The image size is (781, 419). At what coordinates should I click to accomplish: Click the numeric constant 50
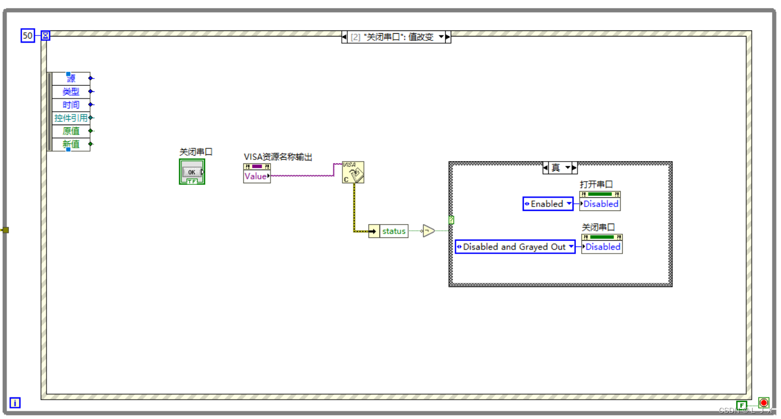click(28, 36)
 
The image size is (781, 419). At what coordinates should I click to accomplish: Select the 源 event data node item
click(71, 79)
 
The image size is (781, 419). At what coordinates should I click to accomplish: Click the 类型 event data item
click(71, 92)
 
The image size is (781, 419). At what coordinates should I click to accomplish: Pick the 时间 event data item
click(71, 105)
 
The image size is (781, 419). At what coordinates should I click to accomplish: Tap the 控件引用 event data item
click(71, 118)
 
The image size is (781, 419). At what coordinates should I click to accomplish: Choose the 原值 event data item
click(71, 131)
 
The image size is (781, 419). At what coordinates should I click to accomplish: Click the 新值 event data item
click(71, 144)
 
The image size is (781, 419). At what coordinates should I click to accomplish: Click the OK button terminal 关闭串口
click(192, 172)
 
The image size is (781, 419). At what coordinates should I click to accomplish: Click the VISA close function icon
click(353, 172)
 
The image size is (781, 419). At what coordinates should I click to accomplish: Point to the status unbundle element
click(393, 231)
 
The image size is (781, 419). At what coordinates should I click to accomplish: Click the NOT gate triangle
click(428, 231)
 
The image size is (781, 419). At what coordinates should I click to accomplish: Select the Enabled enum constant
click(548, 204)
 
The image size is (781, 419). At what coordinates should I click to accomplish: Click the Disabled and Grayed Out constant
click(515, 247)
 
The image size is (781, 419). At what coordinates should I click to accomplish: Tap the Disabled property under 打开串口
click(600, 204)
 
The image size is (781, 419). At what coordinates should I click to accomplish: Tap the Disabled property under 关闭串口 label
click(602, 247)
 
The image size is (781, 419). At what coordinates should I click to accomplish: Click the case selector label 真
click(556, 168)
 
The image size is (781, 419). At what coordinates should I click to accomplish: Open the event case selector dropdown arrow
click(441, 37)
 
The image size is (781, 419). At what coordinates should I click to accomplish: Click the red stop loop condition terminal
click(764, 403)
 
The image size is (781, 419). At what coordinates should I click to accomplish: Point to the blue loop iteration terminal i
click(15, 403)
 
